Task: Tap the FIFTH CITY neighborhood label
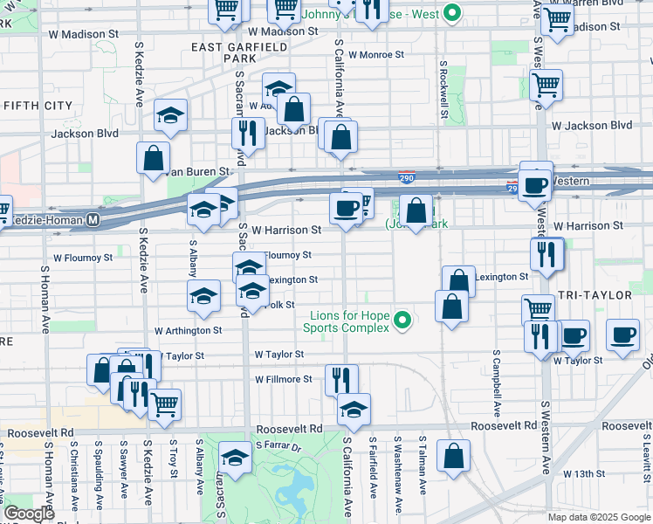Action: pos(38,106)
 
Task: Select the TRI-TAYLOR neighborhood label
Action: pos(595,296)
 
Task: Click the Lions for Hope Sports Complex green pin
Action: pos(402,321)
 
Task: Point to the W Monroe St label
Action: pos(376,54)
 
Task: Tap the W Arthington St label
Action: pos(188,331)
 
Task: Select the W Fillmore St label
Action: pos(283,379)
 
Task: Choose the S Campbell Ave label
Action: pos(496,383)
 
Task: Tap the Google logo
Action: pos(29,514)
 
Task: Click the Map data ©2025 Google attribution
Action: pos(598,517)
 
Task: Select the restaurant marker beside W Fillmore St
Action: pos(341,380)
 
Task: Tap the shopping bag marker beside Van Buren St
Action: pos(154,159)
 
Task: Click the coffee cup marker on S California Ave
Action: pos(346,209)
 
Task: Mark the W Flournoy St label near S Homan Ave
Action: pos(83,258)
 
